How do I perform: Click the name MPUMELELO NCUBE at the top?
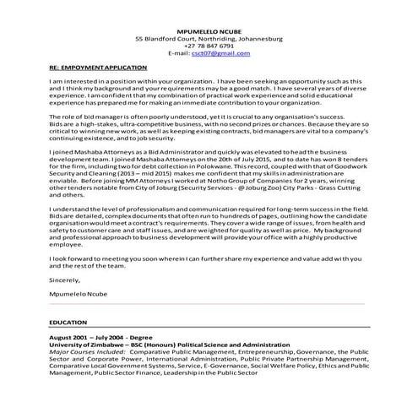pos(209,29)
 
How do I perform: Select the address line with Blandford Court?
pos(209,37)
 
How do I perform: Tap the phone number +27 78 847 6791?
pos(209,45)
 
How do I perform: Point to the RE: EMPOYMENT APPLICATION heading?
pos(98,66)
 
